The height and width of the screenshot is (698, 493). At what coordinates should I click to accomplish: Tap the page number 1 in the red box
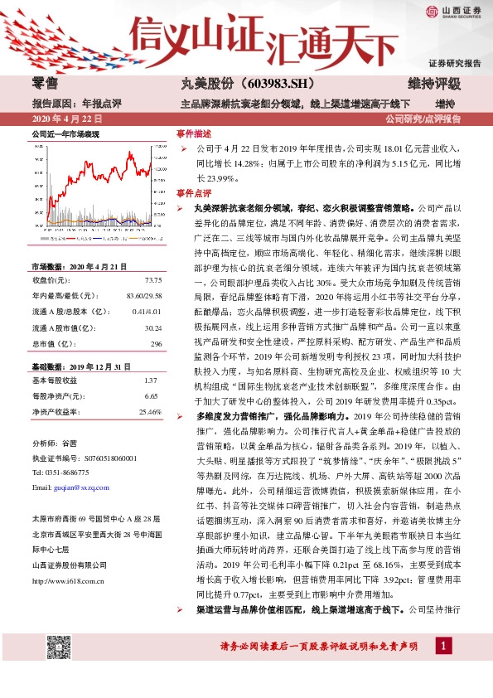444,668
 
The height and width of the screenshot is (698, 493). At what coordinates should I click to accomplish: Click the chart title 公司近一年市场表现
65,133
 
